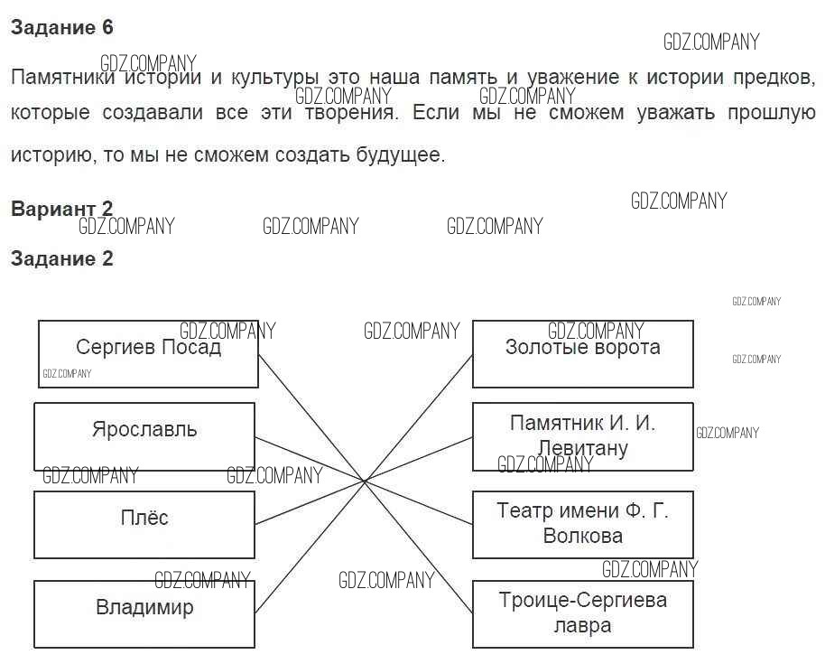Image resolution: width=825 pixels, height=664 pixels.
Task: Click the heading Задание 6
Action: [x=62, y=28]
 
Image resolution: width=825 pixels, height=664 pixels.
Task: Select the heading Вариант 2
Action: [x=62, y=210]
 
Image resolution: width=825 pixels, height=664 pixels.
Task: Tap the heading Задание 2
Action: [x=62, y=259]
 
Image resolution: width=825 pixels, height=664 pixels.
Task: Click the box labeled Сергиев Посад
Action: [x=148, y=353]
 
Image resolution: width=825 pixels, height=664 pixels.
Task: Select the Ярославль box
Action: [x=144, y=435]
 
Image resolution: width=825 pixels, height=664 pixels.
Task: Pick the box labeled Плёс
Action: [x=144, y=524]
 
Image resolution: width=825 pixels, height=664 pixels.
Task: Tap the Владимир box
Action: [x=144, y=613]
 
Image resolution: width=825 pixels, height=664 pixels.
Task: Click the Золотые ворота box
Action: [x=582, y=353]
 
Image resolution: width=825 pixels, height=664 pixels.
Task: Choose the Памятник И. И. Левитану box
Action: [x=582, y=435]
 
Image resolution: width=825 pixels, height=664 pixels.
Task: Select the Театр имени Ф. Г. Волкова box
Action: [x=582, y=524]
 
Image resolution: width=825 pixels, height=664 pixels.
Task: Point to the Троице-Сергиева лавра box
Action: [x=582, y=613]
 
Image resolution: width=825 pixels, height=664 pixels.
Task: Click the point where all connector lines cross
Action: [x=365, y=482]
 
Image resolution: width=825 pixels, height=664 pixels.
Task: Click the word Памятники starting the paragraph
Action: [x=63, y=78]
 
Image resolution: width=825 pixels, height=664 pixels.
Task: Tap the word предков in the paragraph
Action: [x=775, y=78]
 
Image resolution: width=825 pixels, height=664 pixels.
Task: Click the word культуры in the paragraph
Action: [x=271, y=78]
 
